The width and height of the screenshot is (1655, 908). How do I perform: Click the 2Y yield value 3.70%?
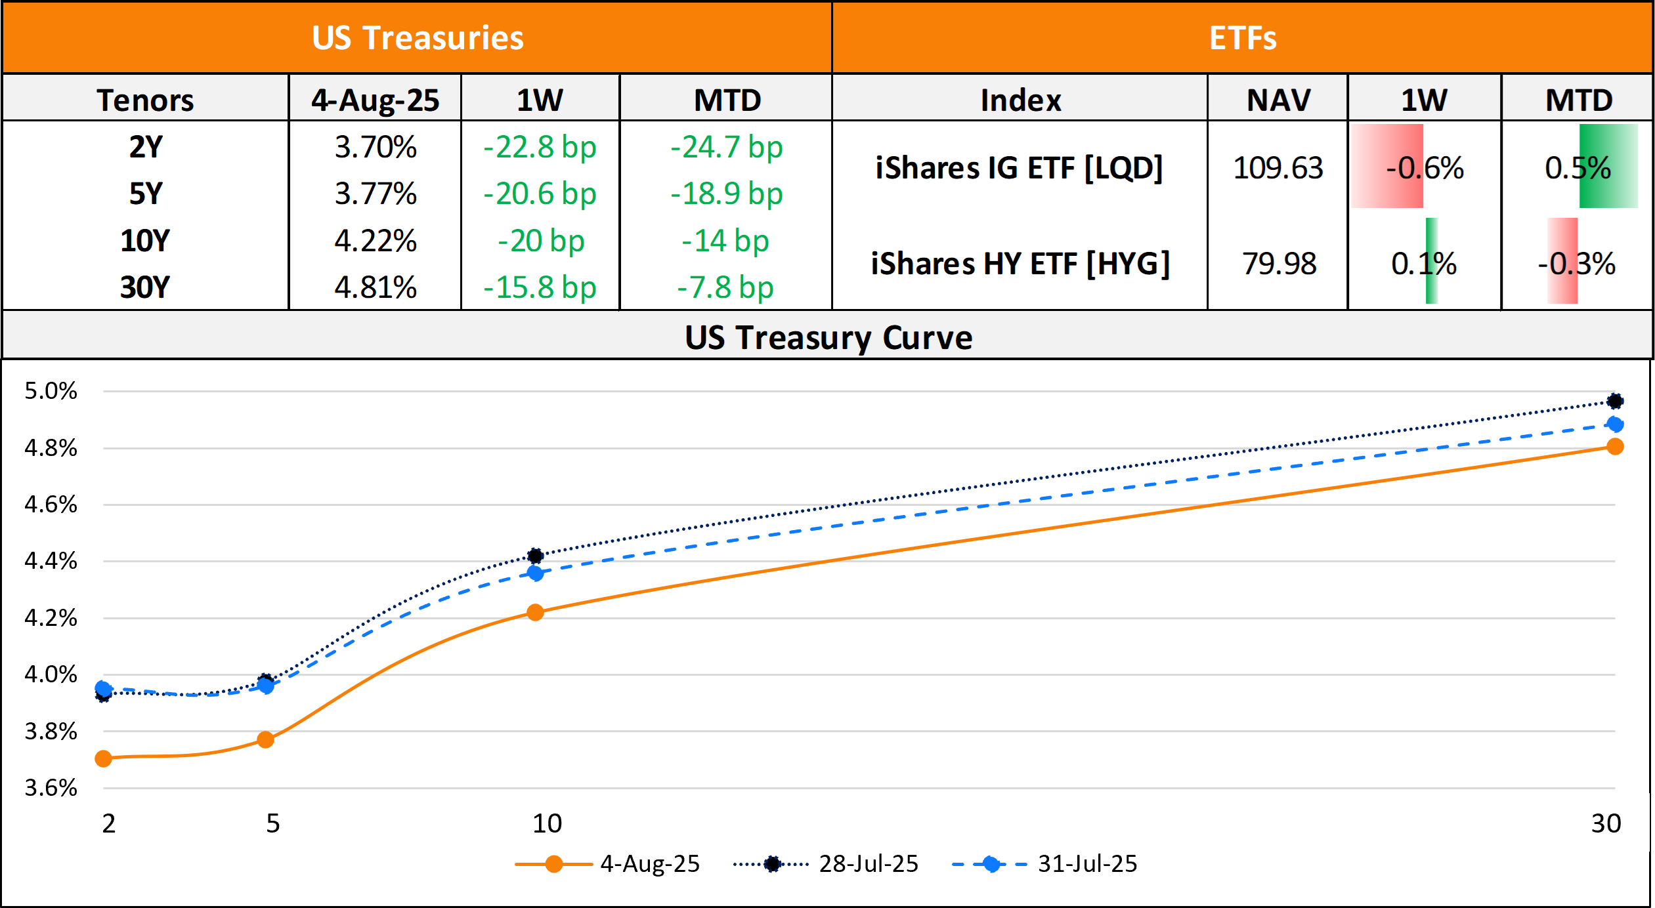click(376, 147)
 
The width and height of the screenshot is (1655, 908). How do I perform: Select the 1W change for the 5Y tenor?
click(540, 194)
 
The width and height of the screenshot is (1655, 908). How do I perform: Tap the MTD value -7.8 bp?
click(725, 287)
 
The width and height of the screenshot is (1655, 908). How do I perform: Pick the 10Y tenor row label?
click(145, 241)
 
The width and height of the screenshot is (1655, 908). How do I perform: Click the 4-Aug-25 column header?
click(375, 100)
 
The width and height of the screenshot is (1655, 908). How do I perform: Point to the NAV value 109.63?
click(1278, 168)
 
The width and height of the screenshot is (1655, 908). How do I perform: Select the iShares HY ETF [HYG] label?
click(1020, 264)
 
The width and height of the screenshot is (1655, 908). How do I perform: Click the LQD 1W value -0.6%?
click(1425, 168)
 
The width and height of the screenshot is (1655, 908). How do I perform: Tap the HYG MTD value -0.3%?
click(1576, 264)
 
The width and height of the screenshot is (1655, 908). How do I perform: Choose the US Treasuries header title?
click(418, 37)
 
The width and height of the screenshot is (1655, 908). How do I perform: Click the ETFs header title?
click(1243, 37)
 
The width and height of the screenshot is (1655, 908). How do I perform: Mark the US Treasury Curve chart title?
click(828, 338)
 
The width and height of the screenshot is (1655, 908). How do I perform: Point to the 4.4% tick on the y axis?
click(51, 561)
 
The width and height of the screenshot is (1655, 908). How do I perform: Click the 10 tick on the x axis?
click(547, 823)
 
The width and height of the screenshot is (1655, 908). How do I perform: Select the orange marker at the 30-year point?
click(1615, 447)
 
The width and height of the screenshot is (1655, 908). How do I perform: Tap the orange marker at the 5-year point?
click(265, 740)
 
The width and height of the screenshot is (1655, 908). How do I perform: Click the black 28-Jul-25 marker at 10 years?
click(535, 556)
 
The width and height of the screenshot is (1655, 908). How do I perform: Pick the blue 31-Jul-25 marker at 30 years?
click(1615, 424)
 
